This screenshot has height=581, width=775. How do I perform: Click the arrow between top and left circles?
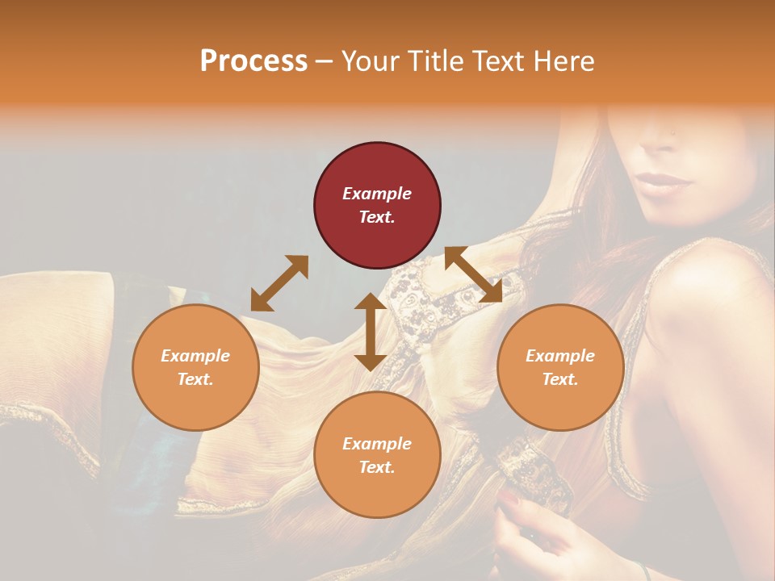click(x=279, y=283)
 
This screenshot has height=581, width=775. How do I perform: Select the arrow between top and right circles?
click(x=474, y=274)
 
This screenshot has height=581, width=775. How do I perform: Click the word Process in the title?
click(x=253, y=61)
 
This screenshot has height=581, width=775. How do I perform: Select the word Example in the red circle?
click(x=377, y=194)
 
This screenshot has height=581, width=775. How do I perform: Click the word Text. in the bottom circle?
click(x=377, y=467)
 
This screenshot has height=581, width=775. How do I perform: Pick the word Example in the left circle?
click(x=195, y=356)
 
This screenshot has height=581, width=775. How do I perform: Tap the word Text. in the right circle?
click(x=560, y=379)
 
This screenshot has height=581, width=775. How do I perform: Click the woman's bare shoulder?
click(x=710, y=307)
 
